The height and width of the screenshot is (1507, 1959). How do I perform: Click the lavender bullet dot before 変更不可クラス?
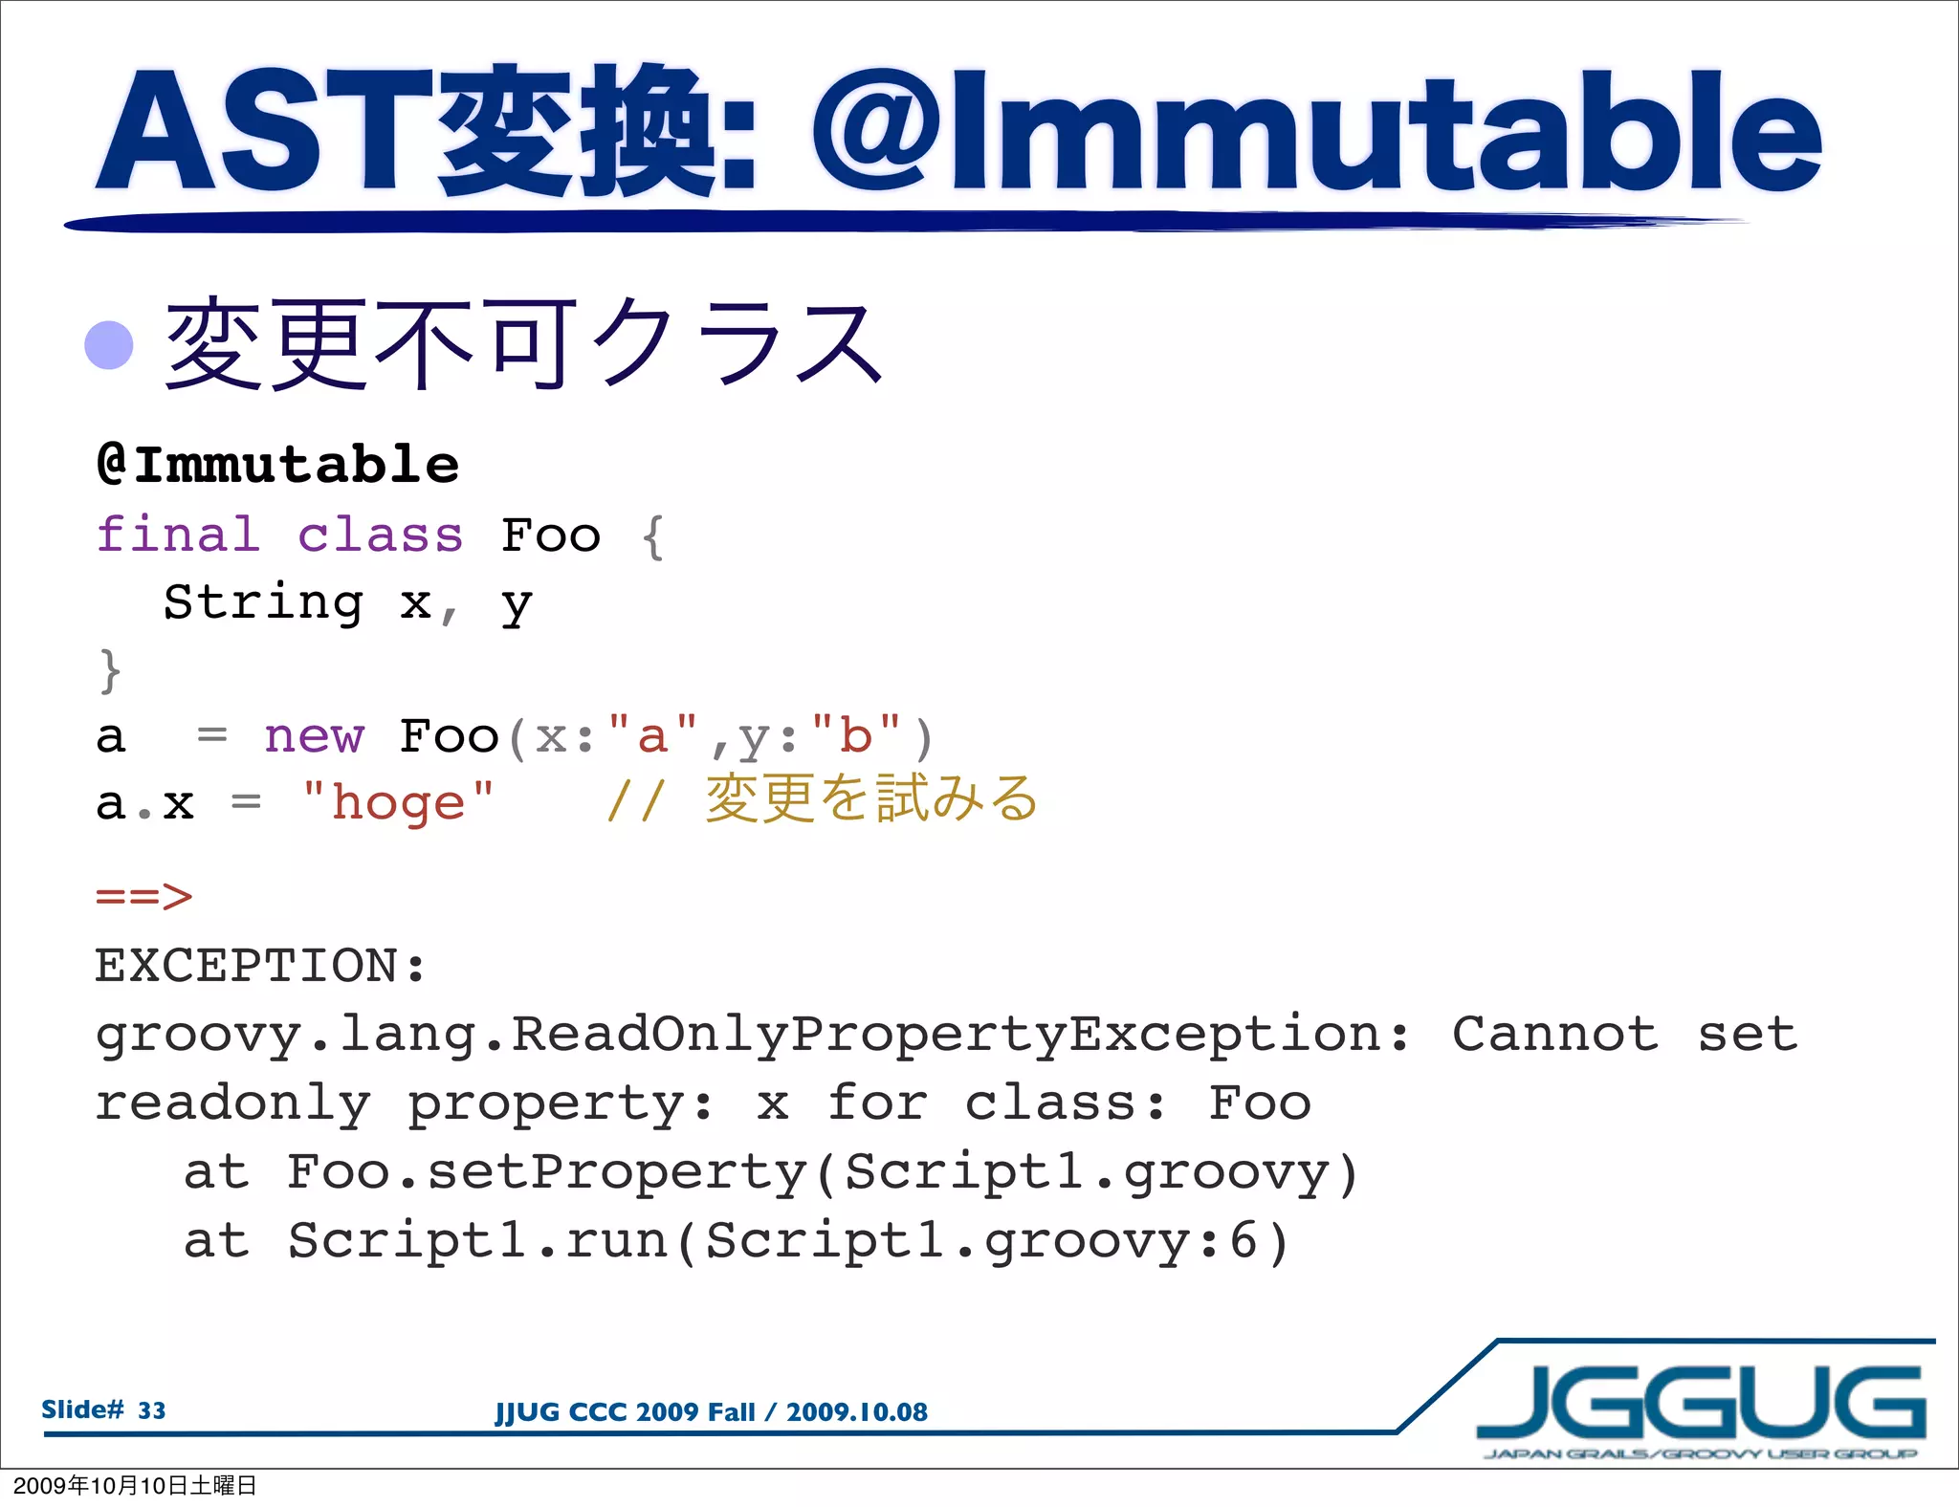(x=108, y=345)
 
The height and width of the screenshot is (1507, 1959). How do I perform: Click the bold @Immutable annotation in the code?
(x=277, y=466)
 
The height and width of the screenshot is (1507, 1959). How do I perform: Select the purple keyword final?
(x=178, y=535)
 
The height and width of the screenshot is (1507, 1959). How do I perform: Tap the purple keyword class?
(x=380, y=535)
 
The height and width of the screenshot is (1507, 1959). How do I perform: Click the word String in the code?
(x=263, y=602)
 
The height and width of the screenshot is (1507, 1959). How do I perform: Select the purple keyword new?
(x=314, y=736)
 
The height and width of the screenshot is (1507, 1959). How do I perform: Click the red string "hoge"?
(x=397, y=802)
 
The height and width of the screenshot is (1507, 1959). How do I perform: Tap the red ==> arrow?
(x=143, y=897)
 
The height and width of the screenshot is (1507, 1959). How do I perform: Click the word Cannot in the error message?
(x=1554, y=1035)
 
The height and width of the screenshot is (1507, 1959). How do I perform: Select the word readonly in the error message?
(x=232, y=1103)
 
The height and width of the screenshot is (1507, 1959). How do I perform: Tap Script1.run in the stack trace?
(x=477, y=1241)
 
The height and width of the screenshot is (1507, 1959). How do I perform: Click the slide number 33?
(x=151, y=1410)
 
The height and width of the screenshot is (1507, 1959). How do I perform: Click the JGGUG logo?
(x=1700, y=1405)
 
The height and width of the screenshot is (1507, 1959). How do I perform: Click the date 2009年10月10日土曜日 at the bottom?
(x=135, y=1485)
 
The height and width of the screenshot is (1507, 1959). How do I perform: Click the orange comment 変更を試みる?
(x=870, y=799)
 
